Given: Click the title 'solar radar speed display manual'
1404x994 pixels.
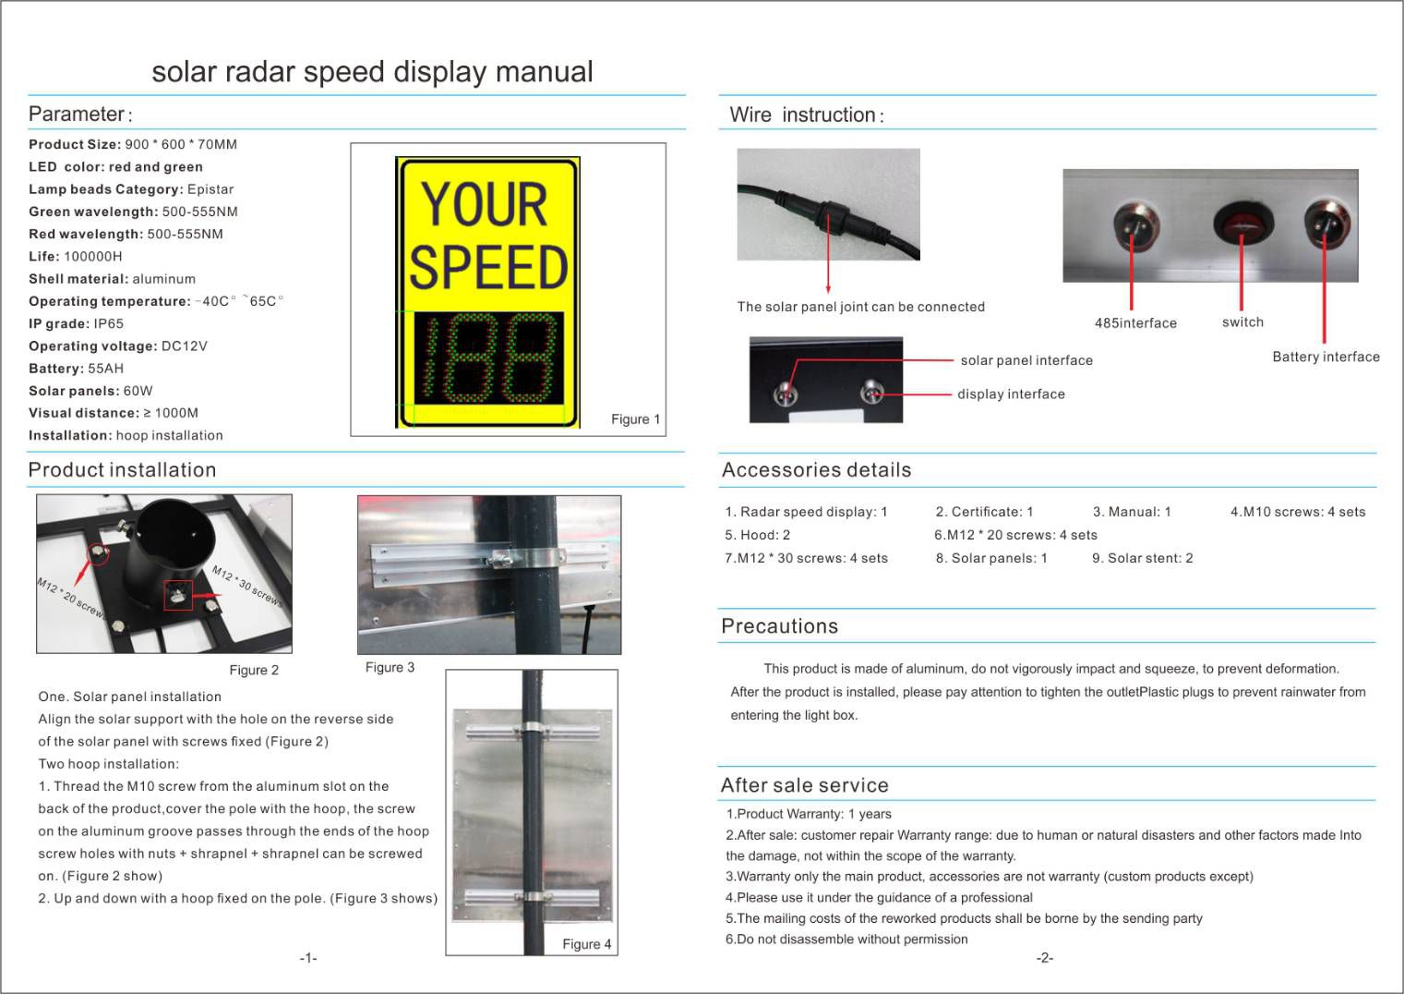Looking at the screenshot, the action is pos(372,72).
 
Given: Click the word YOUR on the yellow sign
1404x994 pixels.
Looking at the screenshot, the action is pos(485,204).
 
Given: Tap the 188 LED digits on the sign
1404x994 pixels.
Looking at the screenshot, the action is pos(487,358).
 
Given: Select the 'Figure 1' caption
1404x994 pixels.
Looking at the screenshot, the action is pos(635,419).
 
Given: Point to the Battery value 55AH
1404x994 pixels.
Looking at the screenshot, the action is pos(105,369).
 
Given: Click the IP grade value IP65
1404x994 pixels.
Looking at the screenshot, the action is pos(108,324).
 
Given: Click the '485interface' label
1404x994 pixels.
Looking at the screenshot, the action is pos(1135,323).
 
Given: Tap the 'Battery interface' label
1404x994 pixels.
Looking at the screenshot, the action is pos(1326,358).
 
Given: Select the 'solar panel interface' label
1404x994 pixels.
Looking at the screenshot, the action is pos(1026,361).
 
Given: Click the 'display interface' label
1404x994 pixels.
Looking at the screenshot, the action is pos(1011,394).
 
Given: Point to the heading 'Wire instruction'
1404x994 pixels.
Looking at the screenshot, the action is pos(806,115).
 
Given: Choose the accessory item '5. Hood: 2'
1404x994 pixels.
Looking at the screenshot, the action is pos(758,535).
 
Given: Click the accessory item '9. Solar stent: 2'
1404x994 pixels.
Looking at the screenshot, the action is pos(1142,558).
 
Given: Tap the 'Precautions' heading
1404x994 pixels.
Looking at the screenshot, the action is pos(779,626).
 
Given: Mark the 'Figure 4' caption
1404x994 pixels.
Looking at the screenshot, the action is pos(586,944).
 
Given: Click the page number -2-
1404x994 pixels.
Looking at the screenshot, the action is pos(1044,958).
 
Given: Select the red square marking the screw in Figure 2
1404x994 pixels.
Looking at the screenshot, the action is pos(178,596).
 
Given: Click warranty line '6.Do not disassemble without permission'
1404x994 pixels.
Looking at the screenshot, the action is pos(846,939).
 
